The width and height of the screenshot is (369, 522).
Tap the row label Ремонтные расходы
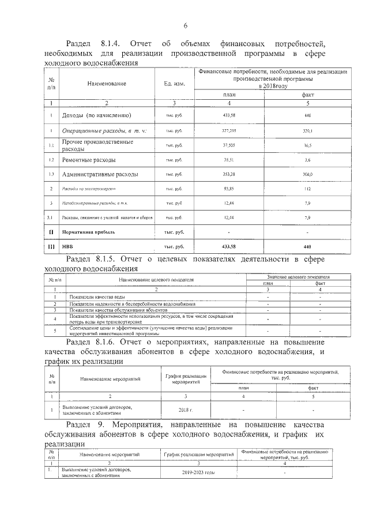[x=89, y=159]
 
